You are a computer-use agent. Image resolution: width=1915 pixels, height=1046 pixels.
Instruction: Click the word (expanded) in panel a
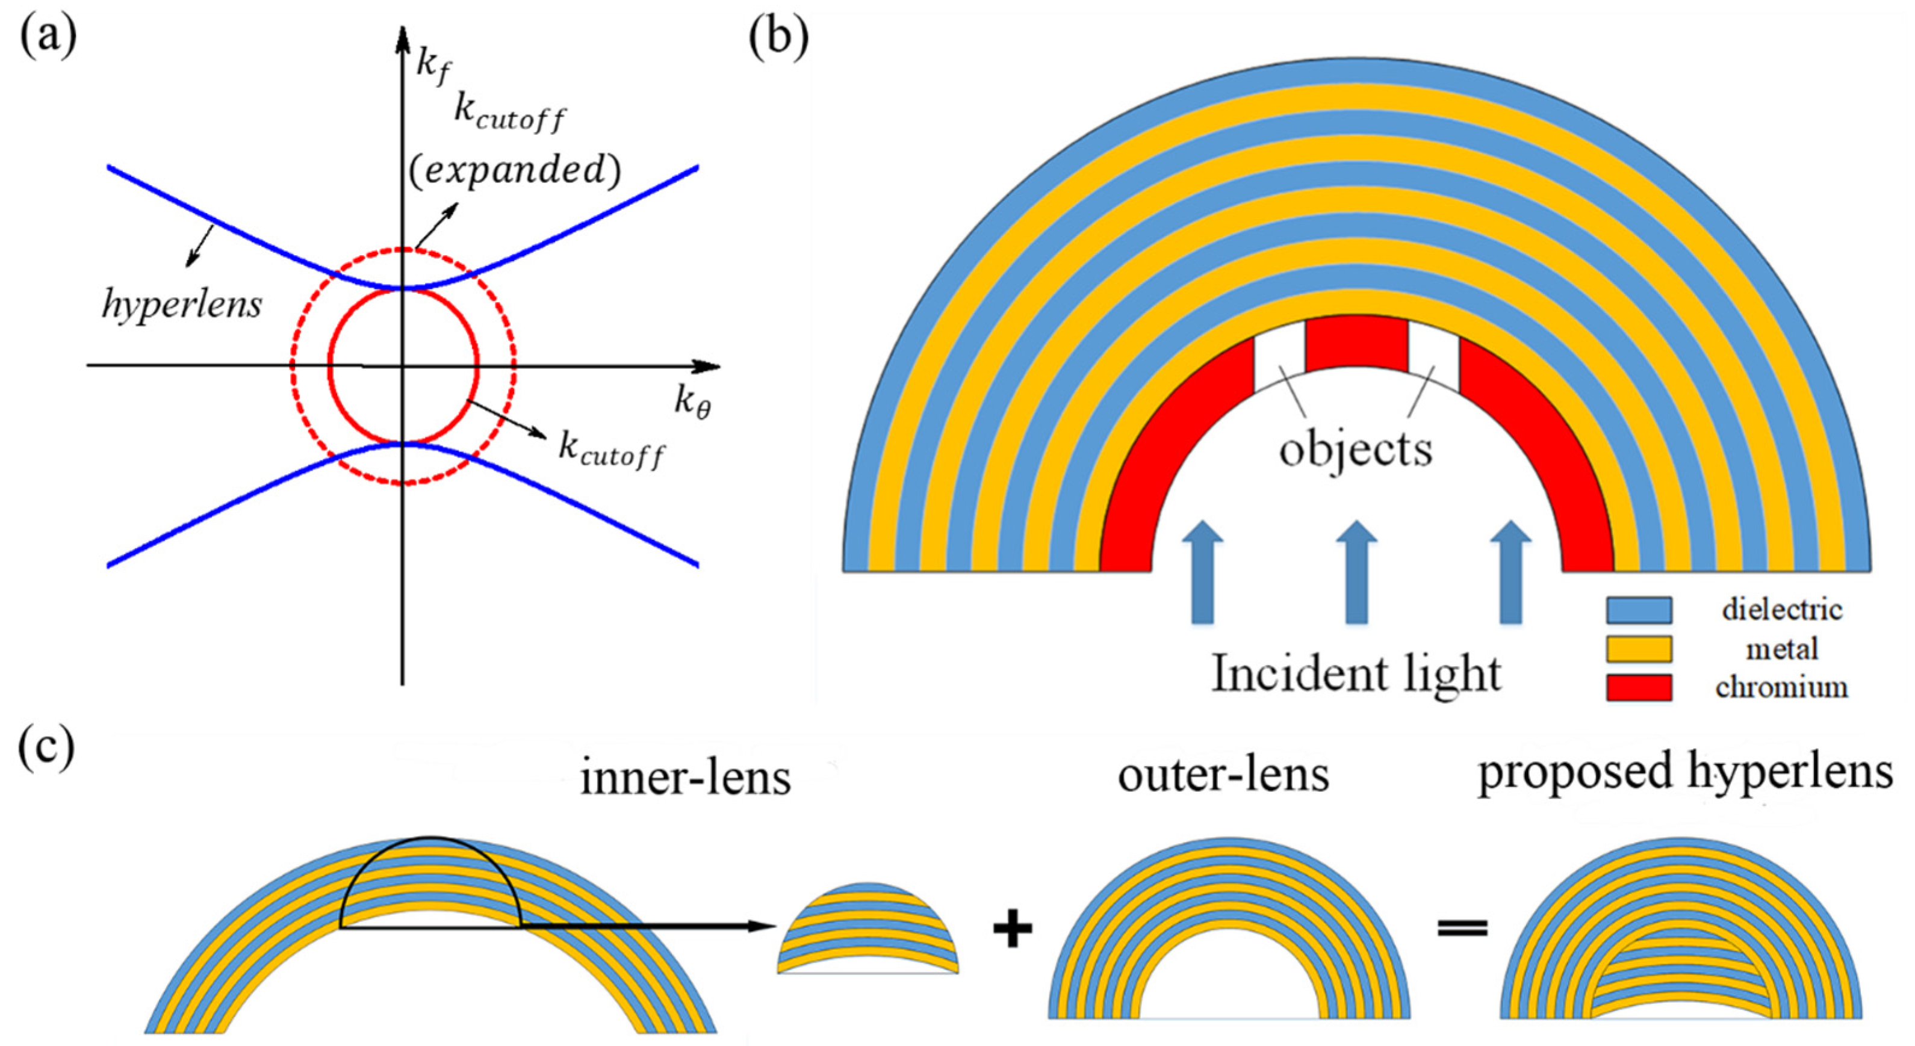pyautogui.click(x=515, y=170)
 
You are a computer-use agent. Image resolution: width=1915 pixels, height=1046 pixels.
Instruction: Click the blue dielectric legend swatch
pyautogui.click(x=1639, y=610)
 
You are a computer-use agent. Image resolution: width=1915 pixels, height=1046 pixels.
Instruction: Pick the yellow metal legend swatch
pyautogui.click(x=1639, y=648)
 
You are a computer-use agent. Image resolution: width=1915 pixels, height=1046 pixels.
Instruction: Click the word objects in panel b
pyautogui.click(x=1355, y=450)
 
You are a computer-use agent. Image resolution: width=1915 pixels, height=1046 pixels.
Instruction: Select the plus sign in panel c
pyautogui.click(x=1013, y=930)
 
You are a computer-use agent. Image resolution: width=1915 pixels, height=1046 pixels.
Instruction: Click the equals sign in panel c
pyautogui.click(x=1462, y=929)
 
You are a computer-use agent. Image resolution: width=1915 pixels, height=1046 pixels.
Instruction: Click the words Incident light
pyautogui.click(x=1356, y=673)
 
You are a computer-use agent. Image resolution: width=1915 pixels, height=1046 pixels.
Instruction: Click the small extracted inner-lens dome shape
pyautogui.click(x=867, y=929)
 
